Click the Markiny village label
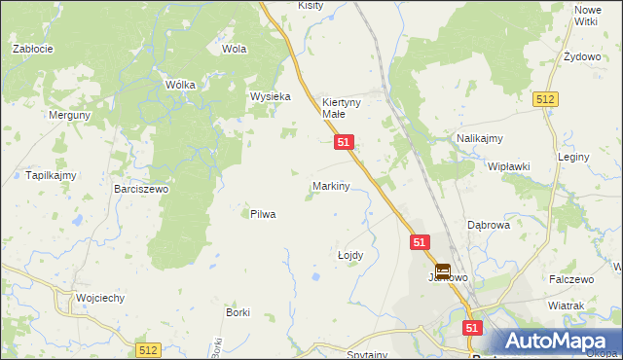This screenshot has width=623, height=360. [x=331, y=186]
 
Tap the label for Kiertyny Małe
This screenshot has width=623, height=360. [x=342, y=107]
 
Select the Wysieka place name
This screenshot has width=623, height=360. [x=271, y=97]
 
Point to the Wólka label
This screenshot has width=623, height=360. [x=180, y=85]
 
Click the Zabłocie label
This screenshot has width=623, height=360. [x=32, y=48]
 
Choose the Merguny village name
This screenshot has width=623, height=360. [x=69, y=115]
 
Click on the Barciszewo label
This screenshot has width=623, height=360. [x=141, y=189]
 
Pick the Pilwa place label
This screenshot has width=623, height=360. [x=263, y=214]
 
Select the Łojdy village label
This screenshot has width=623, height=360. [x=350, y=255]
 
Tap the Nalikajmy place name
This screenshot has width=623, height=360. [x=479, y=139]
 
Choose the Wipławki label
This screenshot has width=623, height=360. [x=509, y=166]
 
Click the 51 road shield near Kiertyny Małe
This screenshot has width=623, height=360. [x=344, y=142]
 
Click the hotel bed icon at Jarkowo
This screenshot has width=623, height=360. [x=443, y=271]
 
